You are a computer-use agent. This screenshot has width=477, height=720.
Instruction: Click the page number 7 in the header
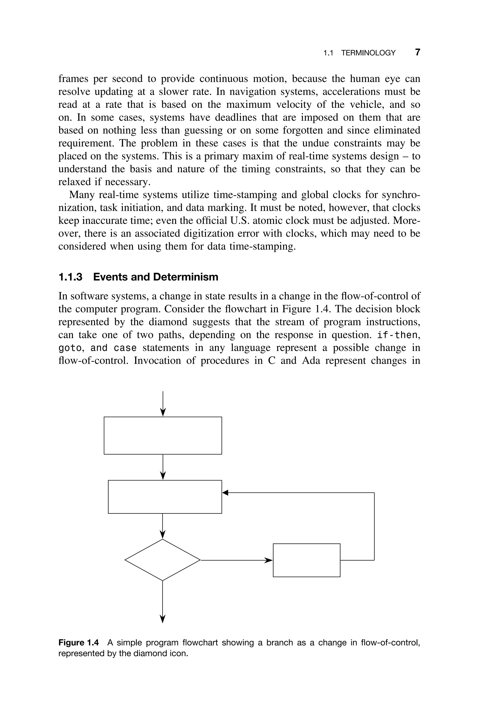(418, 52)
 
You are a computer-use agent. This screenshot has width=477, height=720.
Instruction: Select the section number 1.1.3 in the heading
(70, 277)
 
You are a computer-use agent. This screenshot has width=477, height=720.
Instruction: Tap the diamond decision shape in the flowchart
(162, 560)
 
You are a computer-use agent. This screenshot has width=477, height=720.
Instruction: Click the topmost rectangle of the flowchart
(163, 435)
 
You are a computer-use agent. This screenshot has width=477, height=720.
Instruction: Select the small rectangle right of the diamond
(306, 560)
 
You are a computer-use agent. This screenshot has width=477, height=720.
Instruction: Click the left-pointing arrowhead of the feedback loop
(225, 492)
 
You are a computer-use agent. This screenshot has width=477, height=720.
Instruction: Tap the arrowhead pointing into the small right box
(269, 560)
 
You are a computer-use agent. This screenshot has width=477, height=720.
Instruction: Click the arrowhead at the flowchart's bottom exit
(162, 619)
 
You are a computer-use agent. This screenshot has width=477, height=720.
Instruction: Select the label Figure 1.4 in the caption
(78, 642)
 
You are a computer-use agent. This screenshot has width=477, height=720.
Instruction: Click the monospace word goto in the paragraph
(70, 347)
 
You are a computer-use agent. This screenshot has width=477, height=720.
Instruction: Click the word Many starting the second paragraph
(81, 195)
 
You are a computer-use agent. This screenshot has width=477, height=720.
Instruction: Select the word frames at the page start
(73, 79)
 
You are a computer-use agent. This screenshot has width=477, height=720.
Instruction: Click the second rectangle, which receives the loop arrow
(165, 497)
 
